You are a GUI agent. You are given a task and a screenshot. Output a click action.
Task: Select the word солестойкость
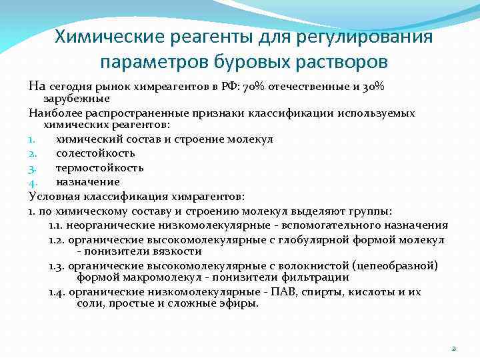(x=95, y=153)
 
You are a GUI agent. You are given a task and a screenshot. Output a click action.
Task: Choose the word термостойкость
(x=99, y=167)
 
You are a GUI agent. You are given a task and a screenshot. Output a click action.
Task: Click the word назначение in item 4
(x=87, y=181)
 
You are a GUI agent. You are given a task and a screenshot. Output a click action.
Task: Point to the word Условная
(x=52, y=196)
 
